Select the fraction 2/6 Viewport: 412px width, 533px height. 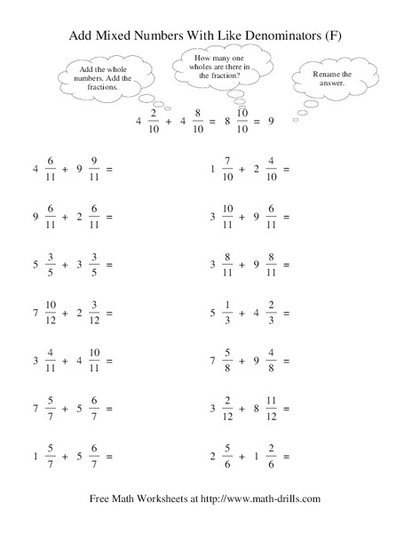click(x=272, y=459)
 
